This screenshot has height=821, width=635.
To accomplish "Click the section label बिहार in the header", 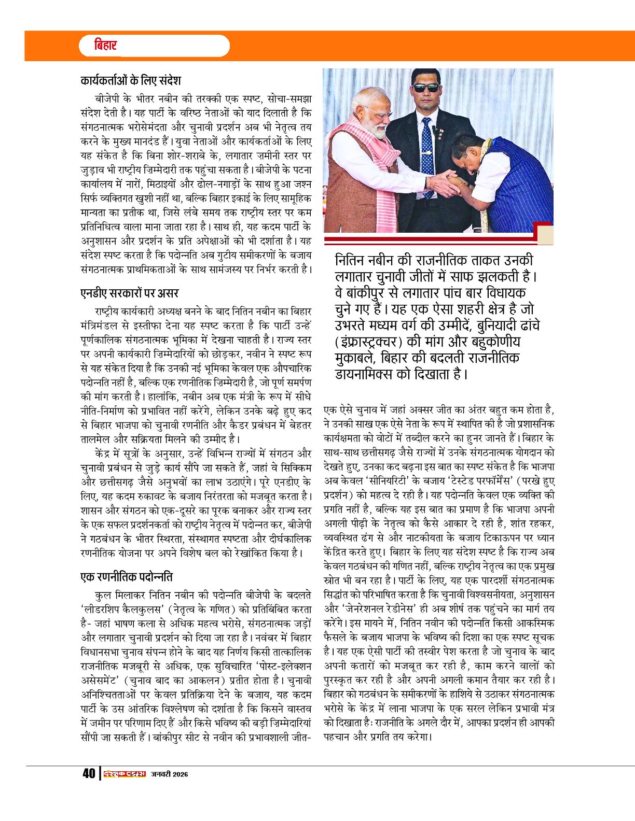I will pos(106,46).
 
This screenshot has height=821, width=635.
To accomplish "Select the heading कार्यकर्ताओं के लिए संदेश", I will pos(131,81).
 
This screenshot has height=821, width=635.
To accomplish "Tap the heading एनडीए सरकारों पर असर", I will pos(130,293).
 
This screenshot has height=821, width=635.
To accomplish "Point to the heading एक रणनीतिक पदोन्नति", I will pos(127,577).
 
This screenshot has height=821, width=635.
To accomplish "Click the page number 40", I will pos(89,774).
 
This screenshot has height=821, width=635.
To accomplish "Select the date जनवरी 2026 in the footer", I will pos(170,774).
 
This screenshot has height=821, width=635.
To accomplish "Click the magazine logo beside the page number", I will pos(125,774).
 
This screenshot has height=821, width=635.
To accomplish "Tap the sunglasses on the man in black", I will pos(426,88).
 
